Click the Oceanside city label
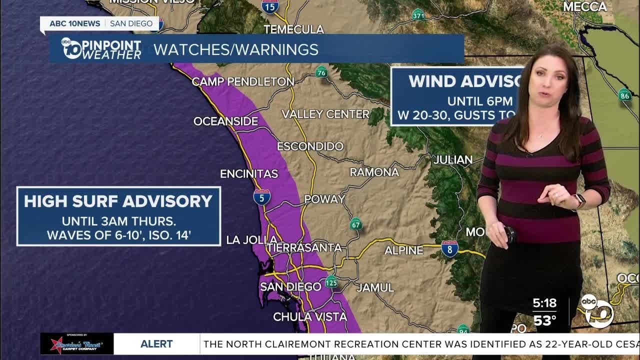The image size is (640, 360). coord(225,121)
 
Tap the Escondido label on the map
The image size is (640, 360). coord(310,146)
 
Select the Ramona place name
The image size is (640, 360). coord(374,172)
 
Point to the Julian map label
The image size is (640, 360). coord(453,160)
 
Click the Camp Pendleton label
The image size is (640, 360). coord(243,81)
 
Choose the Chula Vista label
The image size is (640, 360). coord(309,316)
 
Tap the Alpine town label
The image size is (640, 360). coord(403,250)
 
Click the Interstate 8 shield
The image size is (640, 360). coord(449,249)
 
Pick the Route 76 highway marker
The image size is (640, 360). coord(321,72)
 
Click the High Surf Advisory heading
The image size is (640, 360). coord(118,201)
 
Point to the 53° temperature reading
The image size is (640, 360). coord(544,320)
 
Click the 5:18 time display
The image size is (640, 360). coord(544,303)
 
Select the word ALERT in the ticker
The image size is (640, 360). coord(156,344)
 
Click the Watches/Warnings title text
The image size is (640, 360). coord(235,49)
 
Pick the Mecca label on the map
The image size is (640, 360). coord(584,6)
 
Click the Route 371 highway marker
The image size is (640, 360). coord(418,15)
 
